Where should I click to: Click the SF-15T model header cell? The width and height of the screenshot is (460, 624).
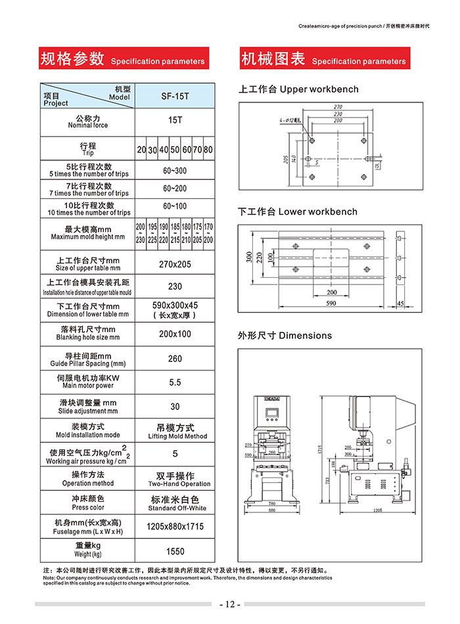point(175,96)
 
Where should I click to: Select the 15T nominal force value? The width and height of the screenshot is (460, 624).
point(175,121)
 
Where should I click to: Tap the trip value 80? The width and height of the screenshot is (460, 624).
point(209,150)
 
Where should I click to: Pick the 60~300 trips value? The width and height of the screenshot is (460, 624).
point(175,171)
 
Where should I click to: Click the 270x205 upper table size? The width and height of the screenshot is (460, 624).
point(175,263)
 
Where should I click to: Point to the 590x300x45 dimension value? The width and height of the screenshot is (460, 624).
point(175,305)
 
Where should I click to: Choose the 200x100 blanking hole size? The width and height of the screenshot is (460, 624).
point(175,334)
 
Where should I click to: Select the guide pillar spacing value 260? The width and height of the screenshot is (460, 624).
point(175,359)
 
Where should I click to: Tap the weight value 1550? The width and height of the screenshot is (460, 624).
point(175,552)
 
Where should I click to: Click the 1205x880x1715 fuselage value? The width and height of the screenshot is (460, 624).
point(175,527)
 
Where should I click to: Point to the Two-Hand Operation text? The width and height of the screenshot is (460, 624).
point(175,484)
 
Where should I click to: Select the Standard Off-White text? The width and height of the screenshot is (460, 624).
point(175,508)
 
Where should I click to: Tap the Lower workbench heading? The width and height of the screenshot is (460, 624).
point(298,212)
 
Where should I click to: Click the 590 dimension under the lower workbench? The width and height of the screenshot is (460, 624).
point(331,303)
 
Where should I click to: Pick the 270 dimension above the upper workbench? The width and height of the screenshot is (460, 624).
point(338,106)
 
